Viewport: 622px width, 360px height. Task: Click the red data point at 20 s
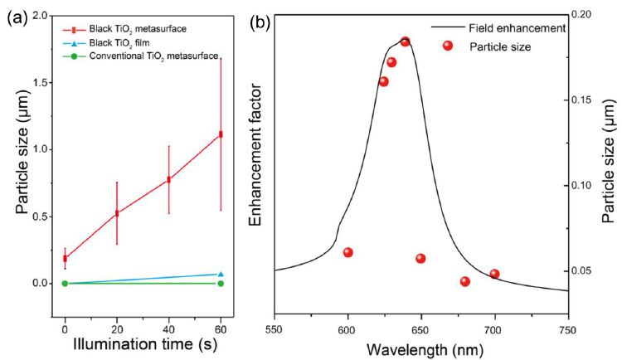(x=117, y=212)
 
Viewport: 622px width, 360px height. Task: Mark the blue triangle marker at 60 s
(x=221, y=274)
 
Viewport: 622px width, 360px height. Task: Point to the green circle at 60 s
(x=221, y=283)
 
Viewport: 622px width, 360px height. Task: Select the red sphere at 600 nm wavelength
(x=348, y=252)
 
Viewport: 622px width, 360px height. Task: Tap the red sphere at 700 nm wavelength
(x=494, y=274)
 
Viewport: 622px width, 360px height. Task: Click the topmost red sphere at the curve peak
(x=405, y=41)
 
